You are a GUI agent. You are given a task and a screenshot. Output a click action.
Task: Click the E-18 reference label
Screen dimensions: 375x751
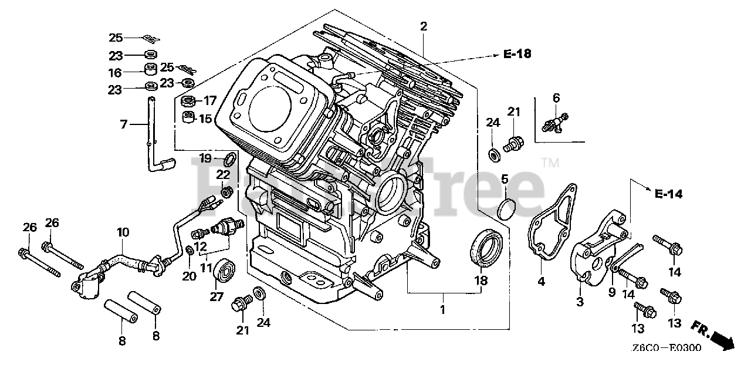[x=517, y=55]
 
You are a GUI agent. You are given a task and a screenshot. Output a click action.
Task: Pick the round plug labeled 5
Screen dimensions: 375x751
[x=505, y=210]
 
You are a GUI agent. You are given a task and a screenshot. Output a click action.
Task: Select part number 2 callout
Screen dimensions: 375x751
[x=423, y=26]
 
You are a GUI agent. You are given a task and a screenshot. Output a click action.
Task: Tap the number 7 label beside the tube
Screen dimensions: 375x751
[x=123, y=124]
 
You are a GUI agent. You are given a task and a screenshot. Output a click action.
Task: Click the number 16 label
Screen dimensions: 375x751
[x=115, y=73]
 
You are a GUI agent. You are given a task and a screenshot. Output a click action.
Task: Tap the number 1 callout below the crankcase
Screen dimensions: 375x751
[x=442, y=309]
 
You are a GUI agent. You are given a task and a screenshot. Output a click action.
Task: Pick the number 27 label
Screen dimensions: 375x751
[x=216, y=298]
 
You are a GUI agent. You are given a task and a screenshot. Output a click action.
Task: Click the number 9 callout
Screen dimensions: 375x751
[x=611, y=291]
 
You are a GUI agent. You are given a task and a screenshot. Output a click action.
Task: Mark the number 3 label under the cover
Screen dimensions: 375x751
[x=580, y=302]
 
